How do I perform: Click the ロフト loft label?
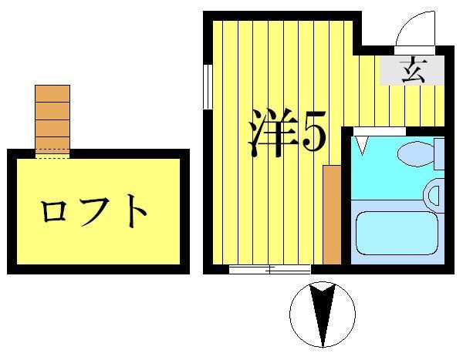(x=94, y=210)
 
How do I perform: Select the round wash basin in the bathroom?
(x=435, y=192)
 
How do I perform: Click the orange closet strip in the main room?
(x=332, y=214)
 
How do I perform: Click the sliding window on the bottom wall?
(x=269, y=269)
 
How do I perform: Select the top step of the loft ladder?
(x=52, y=93)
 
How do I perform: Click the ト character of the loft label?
(x=136, y=210)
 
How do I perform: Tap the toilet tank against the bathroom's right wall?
(x=440, y=153)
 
